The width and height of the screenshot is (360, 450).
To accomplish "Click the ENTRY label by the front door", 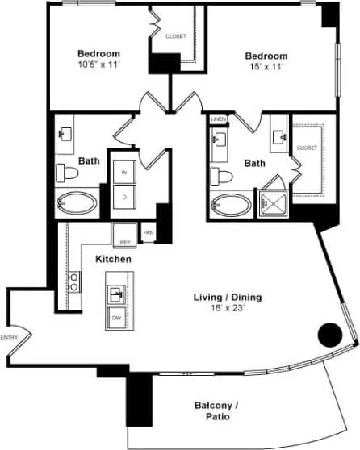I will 9,337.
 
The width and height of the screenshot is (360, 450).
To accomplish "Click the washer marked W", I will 124,173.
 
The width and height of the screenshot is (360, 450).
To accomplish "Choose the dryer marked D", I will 124,196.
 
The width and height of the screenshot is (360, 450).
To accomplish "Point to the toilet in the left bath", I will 67,172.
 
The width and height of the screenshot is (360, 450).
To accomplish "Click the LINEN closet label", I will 218,119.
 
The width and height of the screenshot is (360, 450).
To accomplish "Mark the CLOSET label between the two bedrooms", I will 175,36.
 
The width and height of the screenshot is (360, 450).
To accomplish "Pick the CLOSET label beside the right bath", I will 307,148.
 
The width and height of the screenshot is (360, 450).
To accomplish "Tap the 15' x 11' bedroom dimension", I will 266,67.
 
